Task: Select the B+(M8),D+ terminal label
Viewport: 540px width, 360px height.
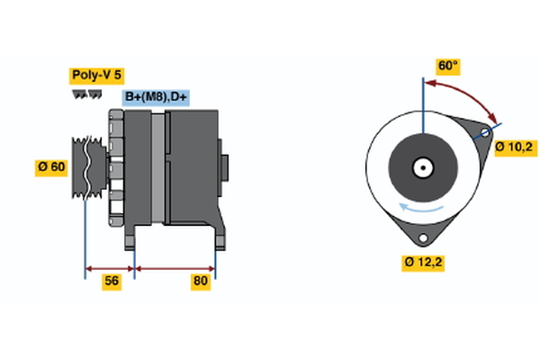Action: click(157, 97)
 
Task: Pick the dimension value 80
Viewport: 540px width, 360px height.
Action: click(201, 282)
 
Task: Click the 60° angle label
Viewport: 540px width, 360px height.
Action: click(447, 66)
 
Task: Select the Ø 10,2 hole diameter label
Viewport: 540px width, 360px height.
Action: click(515, 146)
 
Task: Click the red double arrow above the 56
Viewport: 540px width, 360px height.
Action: click(110, 267)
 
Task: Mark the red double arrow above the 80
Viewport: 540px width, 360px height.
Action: click(175, 267)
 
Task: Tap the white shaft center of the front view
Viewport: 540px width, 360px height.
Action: click(421, 167)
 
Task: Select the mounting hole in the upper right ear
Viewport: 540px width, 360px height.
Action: click(485, 134)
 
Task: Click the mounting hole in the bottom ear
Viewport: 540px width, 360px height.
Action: click(421, 236)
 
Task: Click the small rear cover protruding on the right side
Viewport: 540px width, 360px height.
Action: click(224, 167)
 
